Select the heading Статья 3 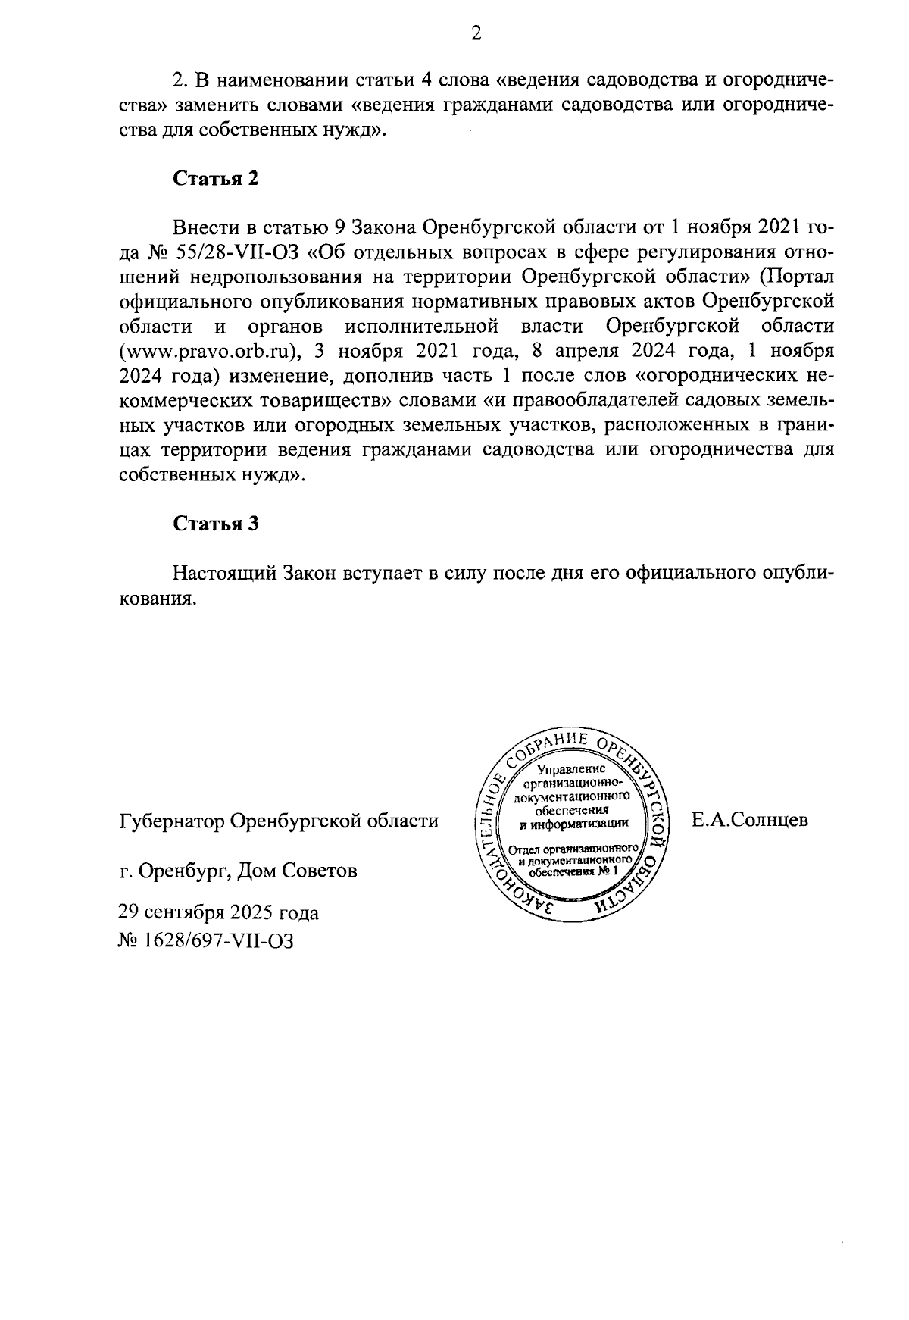216,524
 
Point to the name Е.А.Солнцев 750,820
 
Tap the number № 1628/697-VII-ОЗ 205,940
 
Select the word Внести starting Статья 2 201,227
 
